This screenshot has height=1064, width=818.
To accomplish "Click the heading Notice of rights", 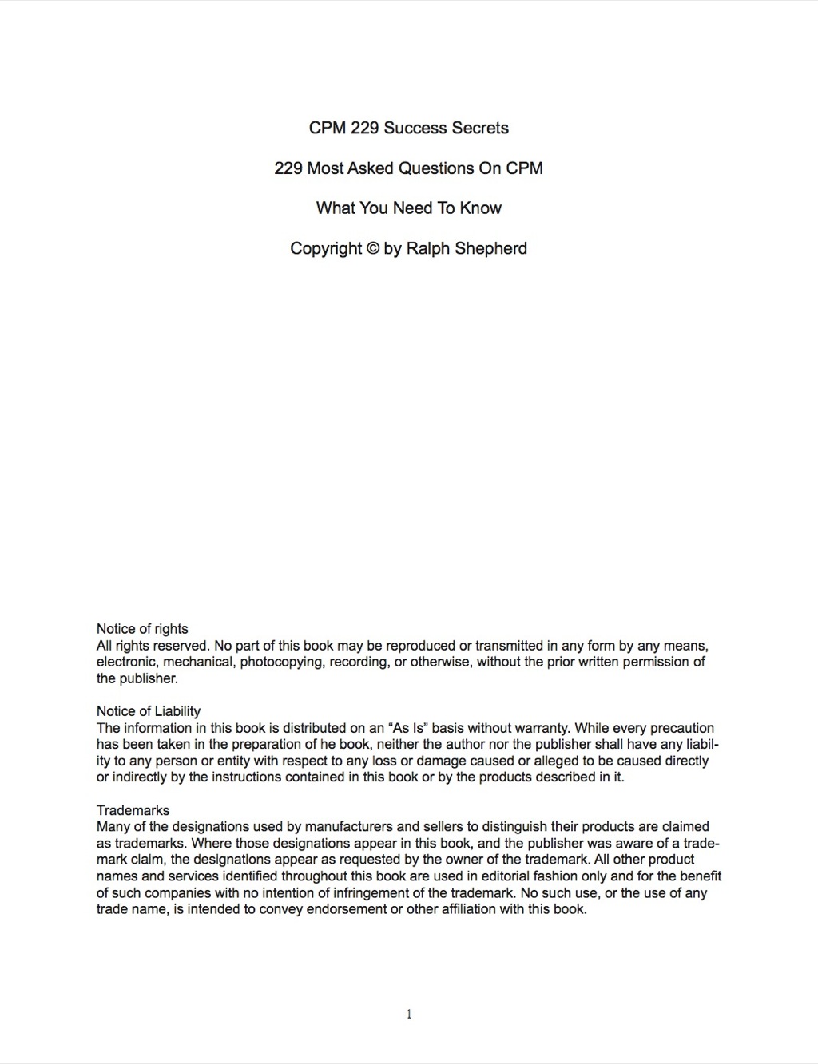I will pyautogui.click(x=142, y=629).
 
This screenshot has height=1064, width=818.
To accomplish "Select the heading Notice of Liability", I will pyautogui.click(x=149, y=711).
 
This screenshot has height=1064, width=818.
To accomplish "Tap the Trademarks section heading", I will pyautogui.click(x=133, y=810).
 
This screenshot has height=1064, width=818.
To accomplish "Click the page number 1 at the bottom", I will pyautogui.click(x=409, y=1015).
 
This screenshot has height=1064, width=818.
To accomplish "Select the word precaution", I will pyautogui.click(x=682, y=728).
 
